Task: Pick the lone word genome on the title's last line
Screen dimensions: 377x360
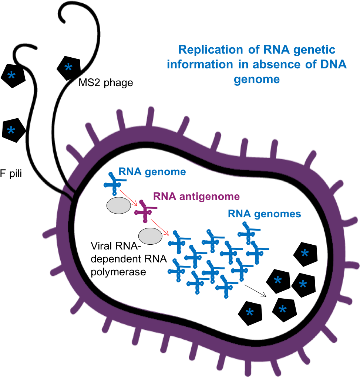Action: tap(256, 79)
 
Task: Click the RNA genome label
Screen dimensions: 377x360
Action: tap(152, 172)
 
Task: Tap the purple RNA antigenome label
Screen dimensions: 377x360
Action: tap(196, 196)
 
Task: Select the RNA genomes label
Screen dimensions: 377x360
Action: tap(264, 214)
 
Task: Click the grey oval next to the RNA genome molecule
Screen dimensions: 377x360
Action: tap(118, 206)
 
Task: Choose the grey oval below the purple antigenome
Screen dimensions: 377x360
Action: tap(150, 236)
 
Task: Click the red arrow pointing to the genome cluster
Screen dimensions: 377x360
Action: tap(160, 227)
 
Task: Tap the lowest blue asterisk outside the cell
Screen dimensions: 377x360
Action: tap(11, 130)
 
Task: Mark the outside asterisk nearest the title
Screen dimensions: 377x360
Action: tap(68, 68)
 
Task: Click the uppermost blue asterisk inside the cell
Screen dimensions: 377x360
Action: tap(305, 254)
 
